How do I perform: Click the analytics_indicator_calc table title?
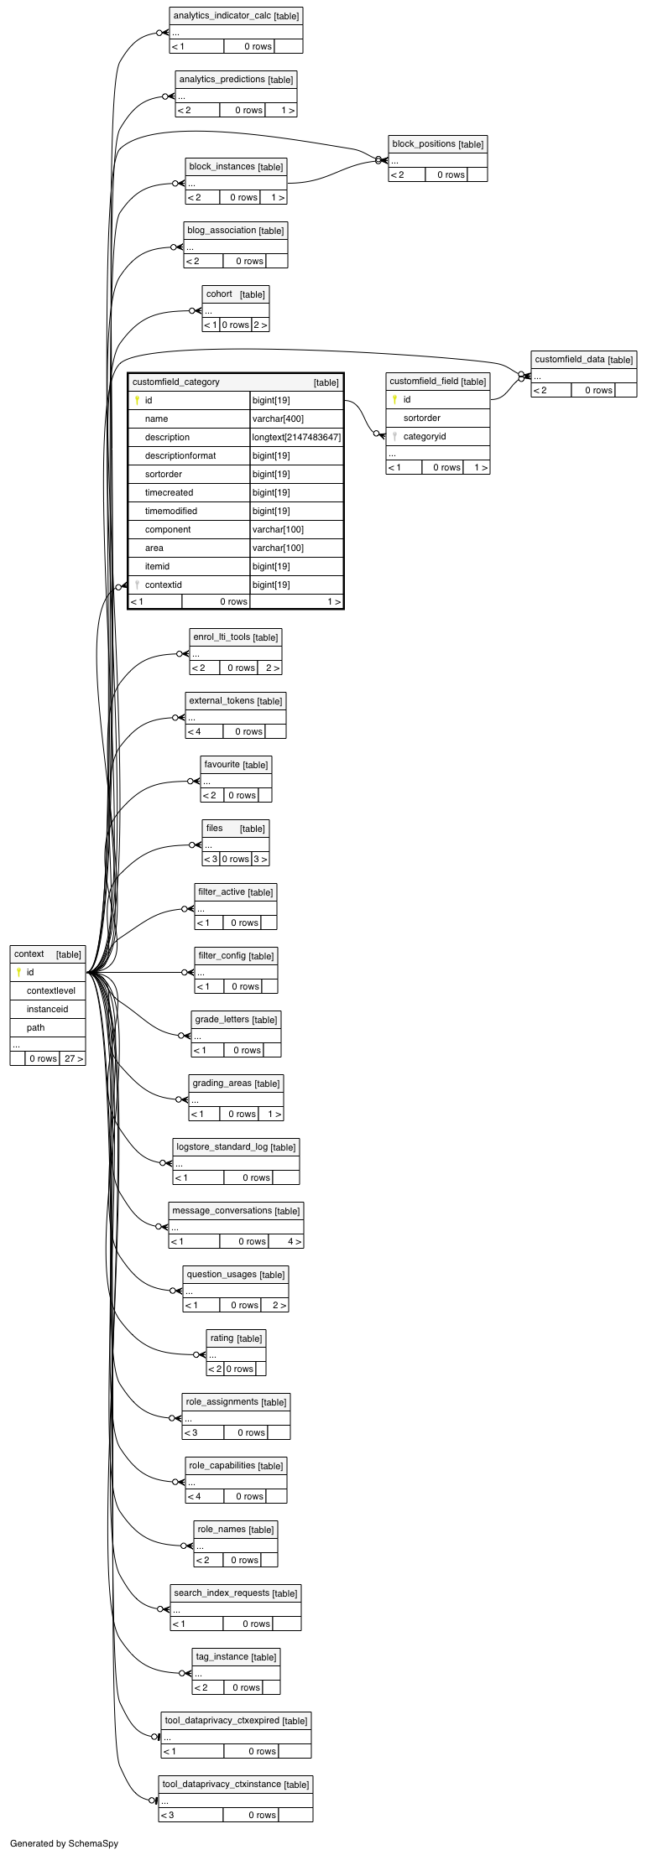pyautogui.click(x=222, y=16)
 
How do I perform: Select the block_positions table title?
pyautogui.click(x=424, y=143)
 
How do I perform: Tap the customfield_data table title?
pyautogui.click(x=570, y=359)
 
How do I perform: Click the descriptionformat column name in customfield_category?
pyautogui.click(x=180, y=455)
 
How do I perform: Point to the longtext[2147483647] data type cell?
pyautogui.click(x=297, y=437)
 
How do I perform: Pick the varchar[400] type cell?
pyautogui.click(x=278, y=418)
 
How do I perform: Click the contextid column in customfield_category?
pyautogui.click(x=163, y=585)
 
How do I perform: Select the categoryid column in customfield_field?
pyautogui.click(x=425, y=436)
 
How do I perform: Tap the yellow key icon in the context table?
pyautogui.click(x=18, y=972)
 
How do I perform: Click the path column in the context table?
pyautogui.click(x=35, y=1027)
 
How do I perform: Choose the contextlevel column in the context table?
pyautogui.click(x=50, y=990)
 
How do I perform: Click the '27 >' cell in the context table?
pyautogui.click(x=73, y=1058)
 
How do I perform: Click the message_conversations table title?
pyautogui.click(x=222, y=1210)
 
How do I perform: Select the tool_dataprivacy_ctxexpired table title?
pyautogui.click(x=222, y=1720)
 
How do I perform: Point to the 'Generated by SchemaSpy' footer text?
pyautogui.click(x=65, y=1843)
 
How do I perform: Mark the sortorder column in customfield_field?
pyautogui.click(x=422, y=418)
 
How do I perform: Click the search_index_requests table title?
pyautogui.click(x=222, y=1593)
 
